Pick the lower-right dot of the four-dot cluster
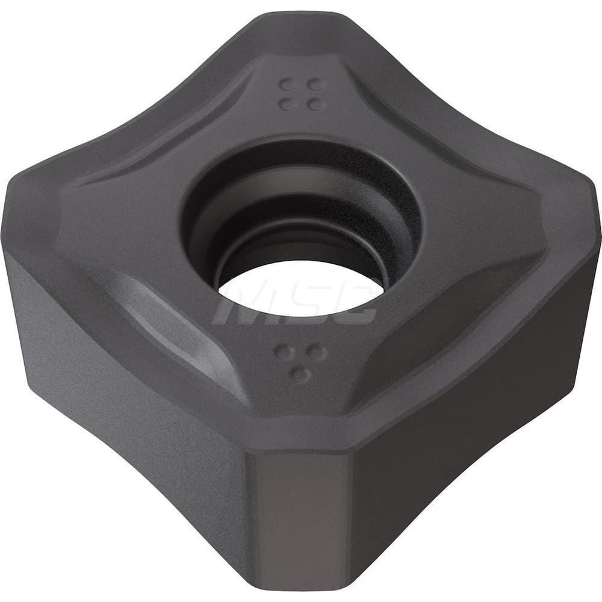(x=314, y=104)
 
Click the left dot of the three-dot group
(x=281, y=351)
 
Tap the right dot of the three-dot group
(x=317, y=352)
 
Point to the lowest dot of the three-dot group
(x=299, y=374)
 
